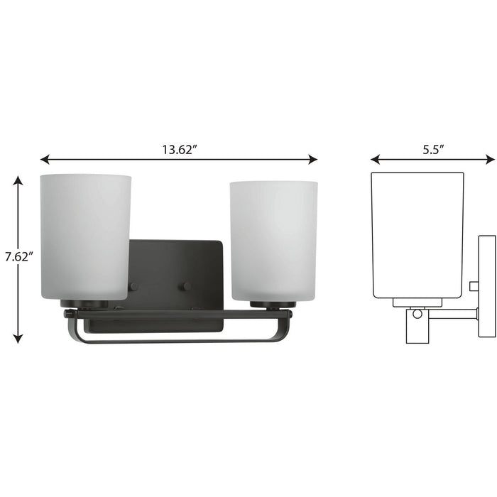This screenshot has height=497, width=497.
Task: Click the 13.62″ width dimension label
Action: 179,150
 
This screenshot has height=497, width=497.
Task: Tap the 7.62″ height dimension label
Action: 19,257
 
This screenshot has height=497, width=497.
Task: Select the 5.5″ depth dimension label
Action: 432,150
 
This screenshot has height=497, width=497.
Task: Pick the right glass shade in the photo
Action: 273,240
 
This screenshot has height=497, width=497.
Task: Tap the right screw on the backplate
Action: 187,286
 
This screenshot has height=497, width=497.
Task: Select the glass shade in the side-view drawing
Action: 417,234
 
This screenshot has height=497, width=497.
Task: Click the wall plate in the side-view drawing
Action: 486,285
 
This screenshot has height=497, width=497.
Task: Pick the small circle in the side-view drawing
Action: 417,314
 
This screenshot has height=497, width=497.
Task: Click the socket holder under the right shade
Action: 273,305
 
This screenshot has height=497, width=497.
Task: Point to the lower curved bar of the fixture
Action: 177,341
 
